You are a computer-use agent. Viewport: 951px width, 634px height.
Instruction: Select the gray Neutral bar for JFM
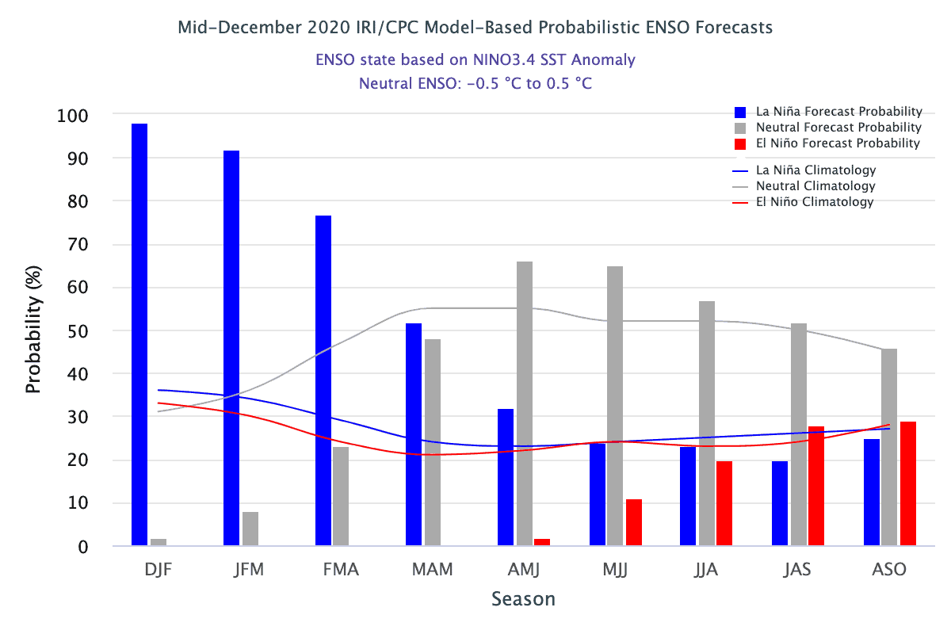tap(250, 529)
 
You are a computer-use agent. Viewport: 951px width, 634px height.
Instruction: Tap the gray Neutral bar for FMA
tap(341, 496)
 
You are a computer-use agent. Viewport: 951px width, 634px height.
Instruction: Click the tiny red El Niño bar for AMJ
tap(542, 542)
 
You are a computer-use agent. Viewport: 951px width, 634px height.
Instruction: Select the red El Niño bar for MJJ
tap(634, 522)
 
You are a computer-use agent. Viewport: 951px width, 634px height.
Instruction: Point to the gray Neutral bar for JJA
tap(707, 423)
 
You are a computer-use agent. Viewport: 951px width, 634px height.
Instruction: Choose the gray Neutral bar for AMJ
tap(525, 403)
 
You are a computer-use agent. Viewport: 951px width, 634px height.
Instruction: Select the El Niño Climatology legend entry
tap(815, 202)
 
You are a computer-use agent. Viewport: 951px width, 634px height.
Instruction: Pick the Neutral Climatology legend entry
tap(815, 186)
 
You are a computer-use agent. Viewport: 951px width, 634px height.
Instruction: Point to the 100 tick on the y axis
tap(73, 116)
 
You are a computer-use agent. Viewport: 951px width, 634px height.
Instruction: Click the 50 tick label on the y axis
tap(78, 330)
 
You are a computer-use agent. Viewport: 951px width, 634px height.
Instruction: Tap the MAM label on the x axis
tap(433, 570)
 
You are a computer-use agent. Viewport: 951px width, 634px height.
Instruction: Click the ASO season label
tap(888, 570)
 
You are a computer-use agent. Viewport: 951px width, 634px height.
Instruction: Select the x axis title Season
tap(523, 598)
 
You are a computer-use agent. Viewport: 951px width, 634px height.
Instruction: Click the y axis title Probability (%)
tap(33, 330)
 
